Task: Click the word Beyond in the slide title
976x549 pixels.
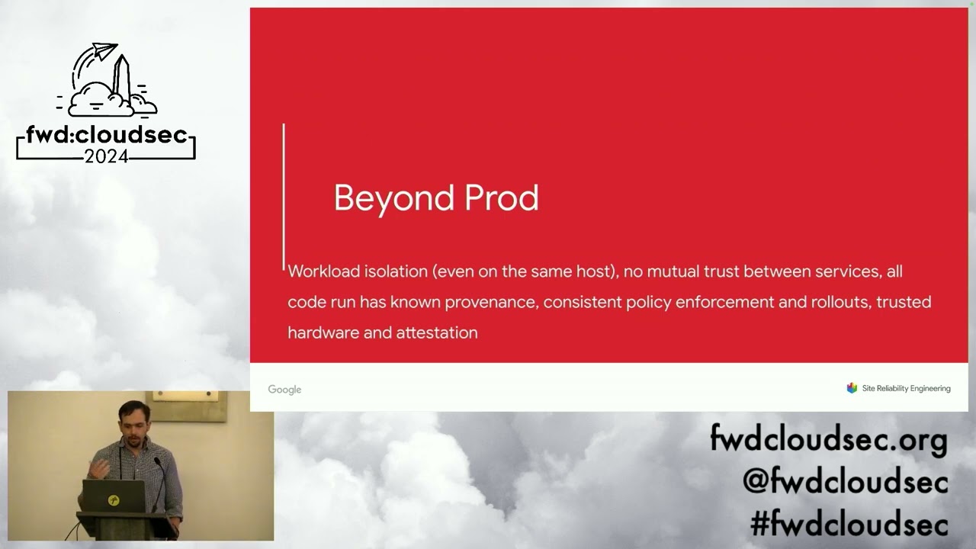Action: [x=387, y=198]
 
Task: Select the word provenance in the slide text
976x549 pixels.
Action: [x=492, y=302]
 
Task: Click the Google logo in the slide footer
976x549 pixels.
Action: [x=284, y=390]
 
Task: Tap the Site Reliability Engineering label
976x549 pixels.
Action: [x=906, y=389]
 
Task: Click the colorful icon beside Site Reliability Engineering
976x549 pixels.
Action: [x=852, y=388]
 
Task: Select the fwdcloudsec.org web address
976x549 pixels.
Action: [x=828, y=440]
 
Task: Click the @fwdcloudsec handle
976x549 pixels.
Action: [x=845, y=482]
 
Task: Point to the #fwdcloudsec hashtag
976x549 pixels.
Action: [x=849, y=525]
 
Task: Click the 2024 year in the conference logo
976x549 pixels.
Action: [x=106, y=156]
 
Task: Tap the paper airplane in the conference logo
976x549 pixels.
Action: [x=104, y=53]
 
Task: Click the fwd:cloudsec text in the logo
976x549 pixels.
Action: [x=106, y=135]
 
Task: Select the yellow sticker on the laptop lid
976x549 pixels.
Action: [x=113, y=500]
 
